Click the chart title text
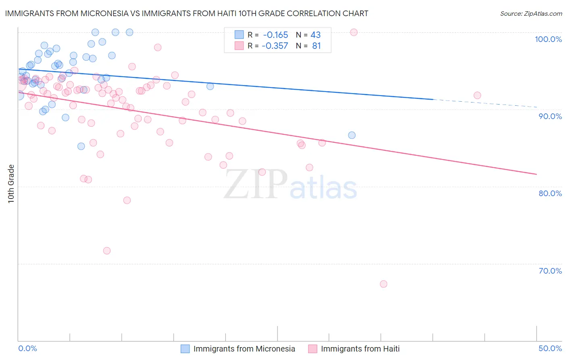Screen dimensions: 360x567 pos(186,13)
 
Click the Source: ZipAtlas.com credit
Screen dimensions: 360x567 pos(531,13)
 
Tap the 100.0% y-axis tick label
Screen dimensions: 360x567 pos(548,39)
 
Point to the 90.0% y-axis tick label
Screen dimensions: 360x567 pos(550,116)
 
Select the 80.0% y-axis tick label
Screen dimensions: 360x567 pos(550,193)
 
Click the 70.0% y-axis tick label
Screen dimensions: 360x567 pos(550,271)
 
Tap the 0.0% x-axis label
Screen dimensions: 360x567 pos(28,348)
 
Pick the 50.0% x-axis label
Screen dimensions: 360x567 pos(550,348)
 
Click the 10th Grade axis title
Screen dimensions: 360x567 pos(11,184)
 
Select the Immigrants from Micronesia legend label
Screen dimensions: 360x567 pos(244,349)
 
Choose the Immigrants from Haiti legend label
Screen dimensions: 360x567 pos(360,349)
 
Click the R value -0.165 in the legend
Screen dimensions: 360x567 pos(275,35)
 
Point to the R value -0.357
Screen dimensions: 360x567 pos(275,46)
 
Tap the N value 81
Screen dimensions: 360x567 pos(316,46)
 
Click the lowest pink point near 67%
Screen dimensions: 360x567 pos(384,284)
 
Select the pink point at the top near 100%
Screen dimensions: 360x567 pos(354,32)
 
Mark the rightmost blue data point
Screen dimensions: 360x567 pos(352,135)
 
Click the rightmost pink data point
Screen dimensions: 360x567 pos(477,95)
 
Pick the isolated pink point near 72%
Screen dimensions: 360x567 pos(107,251)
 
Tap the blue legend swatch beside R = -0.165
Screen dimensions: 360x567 pos(239,35)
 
